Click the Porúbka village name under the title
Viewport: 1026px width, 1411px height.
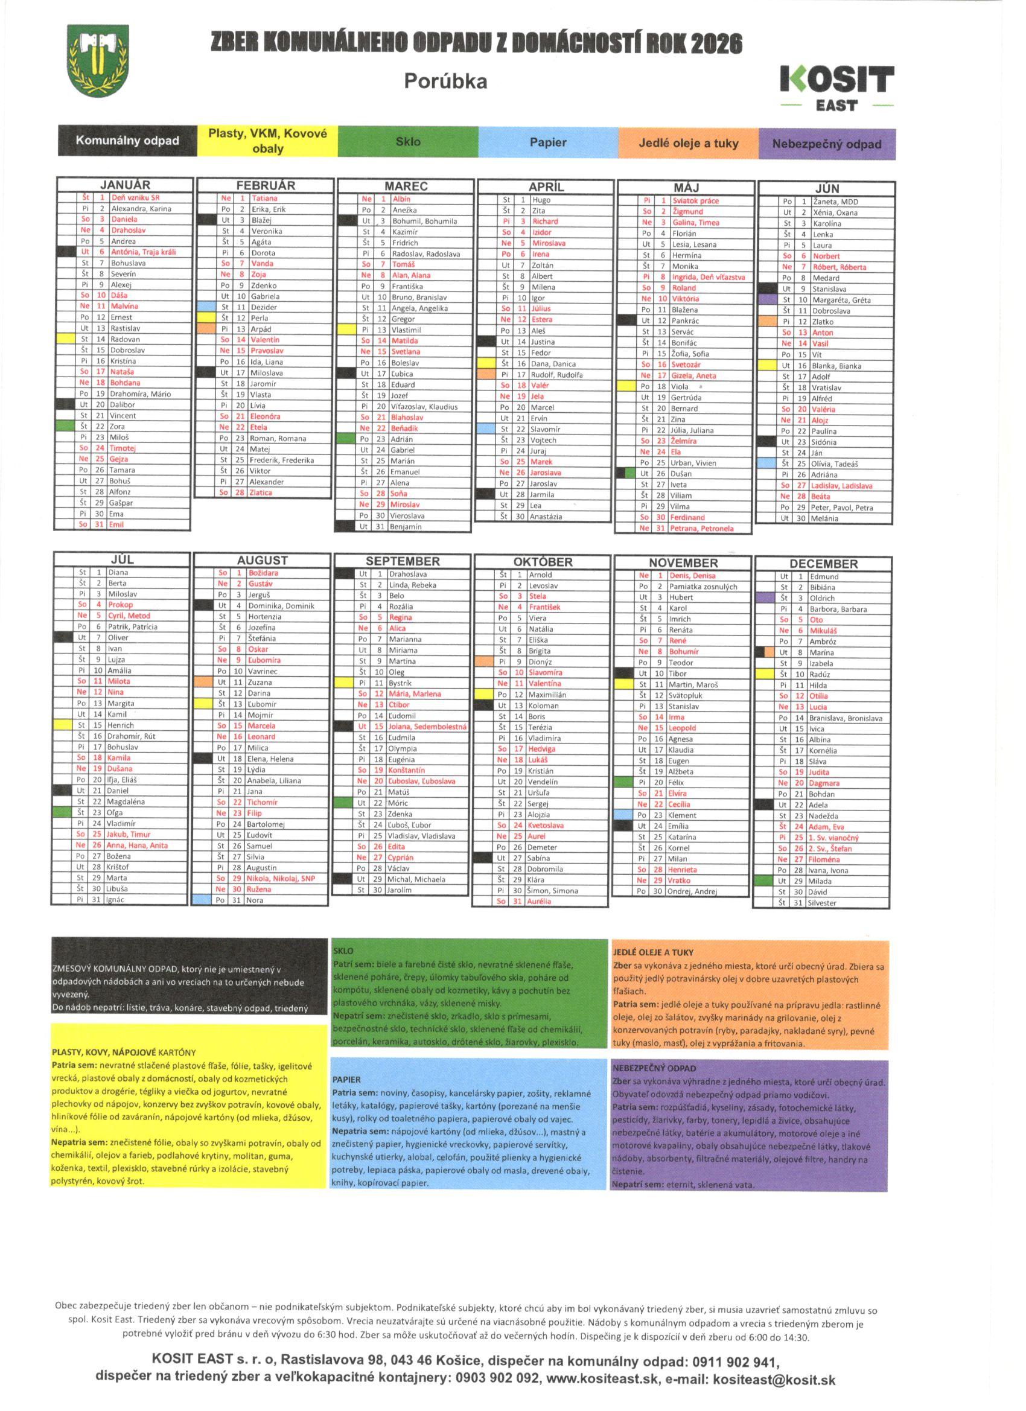coord(445,81)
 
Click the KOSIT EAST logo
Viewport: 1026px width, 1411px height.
coord(837,88)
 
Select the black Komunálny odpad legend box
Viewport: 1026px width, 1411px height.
coord(127,141)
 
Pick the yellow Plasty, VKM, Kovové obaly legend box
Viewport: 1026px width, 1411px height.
coord(267,141)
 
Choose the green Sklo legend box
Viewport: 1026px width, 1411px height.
coord(407,142)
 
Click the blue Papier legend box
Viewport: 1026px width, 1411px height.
coord(547,142)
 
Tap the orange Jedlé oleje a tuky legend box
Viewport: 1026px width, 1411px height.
coord(688,143)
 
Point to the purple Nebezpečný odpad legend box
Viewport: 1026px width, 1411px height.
coord(827,144)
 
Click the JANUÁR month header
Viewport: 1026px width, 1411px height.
coord(125,185)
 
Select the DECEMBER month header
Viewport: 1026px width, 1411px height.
coord(823,564)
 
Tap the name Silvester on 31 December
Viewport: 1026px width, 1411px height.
coord(822,903)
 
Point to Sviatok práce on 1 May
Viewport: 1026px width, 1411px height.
coord(695,201)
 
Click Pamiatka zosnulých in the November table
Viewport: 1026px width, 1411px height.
coord(703,587)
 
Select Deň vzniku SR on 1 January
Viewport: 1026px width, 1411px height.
coord(135,198)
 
